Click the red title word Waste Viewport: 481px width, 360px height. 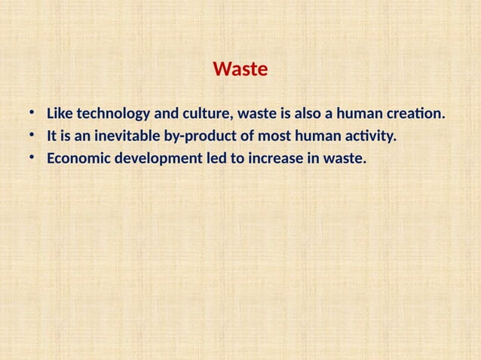pos(240,71)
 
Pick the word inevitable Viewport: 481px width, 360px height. pos(124,138)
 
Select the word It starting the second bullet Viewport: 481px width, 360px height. pos(51,138)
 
